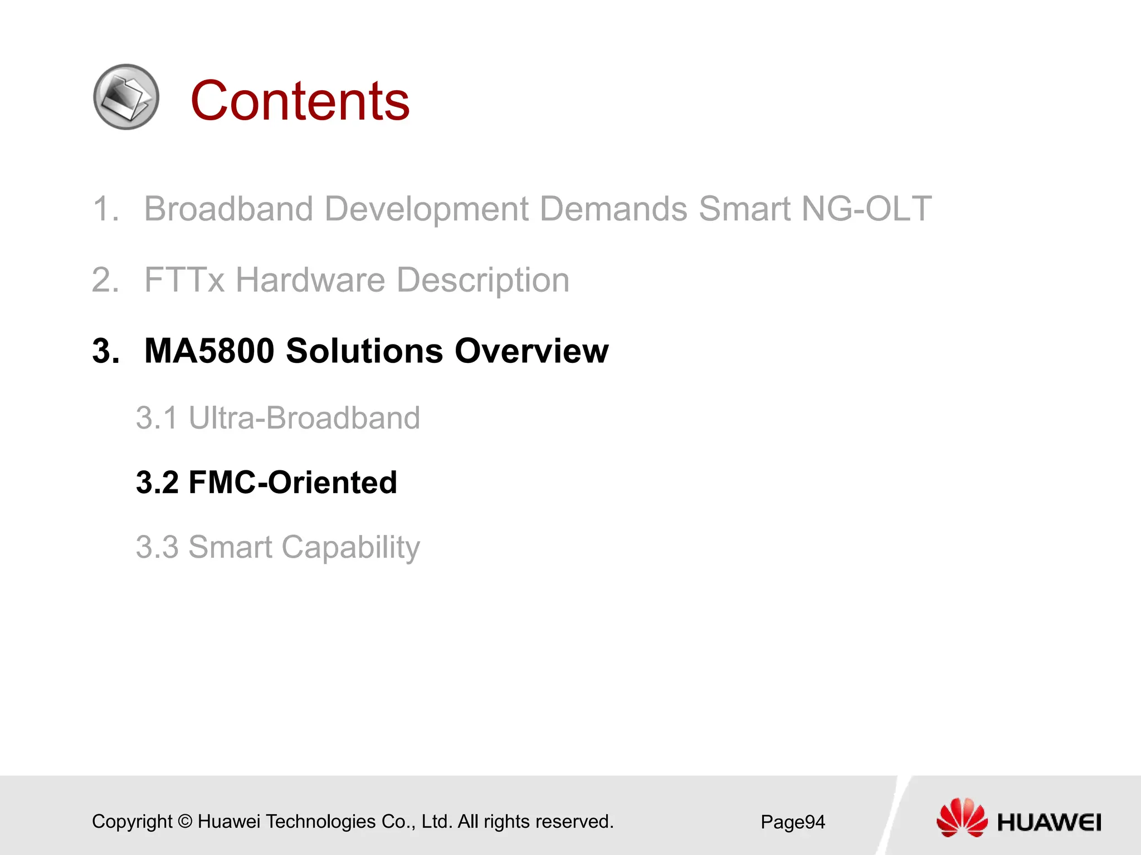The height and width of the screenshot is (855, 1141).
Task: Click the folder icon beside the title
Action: [x=126, y=97]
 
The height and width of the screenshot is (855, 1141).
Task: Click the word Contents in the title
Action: [x=300, y=101]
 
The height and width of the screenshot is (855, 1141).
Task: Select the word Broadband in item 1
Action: [x=228, y=209]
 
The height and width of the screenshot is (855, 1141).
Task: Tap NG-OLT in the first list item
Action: [x=866, y=209]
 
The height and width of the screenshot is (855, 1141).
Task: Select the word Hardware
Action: [x=310, y=280]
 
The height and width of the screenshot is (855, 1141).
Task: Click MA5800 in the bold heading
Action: [x=209, y=351]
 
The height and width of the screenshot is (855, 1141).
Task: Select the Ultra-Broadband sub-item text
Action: [x=304, y=418]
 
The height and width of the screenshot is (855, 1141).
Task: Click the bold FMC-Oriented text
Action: [x=293, y=483]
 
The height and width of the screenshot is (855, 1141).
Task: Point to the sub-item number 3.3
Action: [x=157, y=547]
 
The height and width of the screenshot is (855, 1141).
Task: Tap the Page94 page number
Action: [x=792, y=822]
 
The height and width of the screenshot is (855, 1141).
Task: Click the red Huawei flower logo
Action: [x=961, y=817]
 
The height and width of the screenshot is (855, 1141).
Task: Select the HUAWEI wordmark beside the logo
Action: [x=1049, y=822]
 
